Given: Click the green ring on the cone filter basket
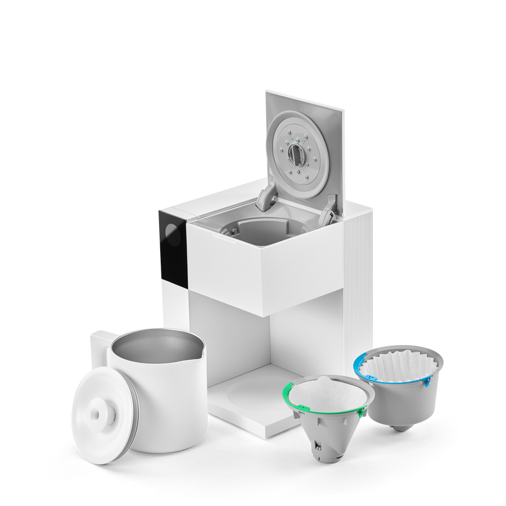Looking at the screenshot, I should click(288, 394).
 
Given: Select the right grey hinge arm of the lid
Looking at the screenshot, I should click(328, 210).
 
